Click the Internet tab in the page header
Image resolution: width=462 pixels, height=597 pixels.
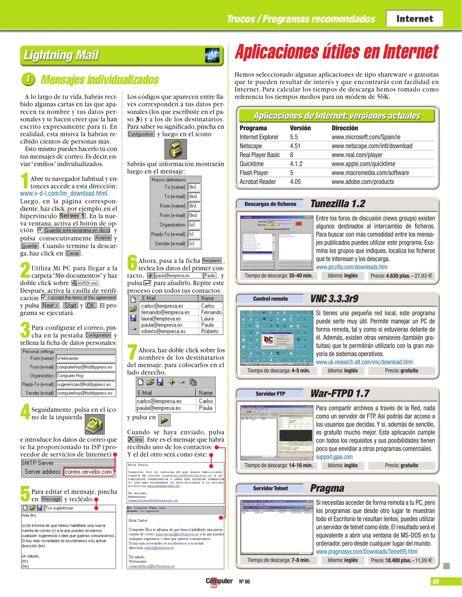414,19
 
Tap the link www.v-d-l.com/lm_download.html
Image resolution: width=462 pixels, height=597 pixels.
64,193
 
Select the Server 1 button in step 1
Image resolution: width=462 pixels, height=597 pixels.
72,216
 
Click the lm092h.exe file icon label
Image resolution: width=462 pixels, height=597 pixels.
85,283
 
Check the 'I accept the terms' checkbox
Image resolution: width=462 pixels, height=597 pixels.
44,297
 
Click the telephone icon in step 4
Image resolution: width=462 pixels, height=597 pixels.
95,424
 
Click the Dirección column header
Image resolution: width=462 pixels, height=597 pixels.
344,128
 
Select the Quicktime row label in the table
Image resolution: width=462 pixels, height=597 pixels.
251,164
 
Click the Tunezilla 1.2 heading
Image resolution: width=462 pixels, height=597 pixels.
338,204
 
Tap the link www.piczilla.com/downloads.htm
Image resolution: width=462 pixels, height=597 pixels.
351,267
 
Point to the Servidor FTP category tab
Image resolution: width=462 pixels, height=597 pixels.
270,394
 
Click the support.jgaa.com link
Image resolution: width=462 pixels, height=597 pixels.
334,457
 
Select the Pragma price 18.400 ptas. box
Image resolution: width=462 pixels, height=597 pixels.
401,560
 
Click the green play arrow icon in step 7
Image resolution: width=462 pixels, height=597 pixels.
164,420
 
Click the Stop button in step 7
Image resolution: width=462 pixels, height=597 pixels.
135,439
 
